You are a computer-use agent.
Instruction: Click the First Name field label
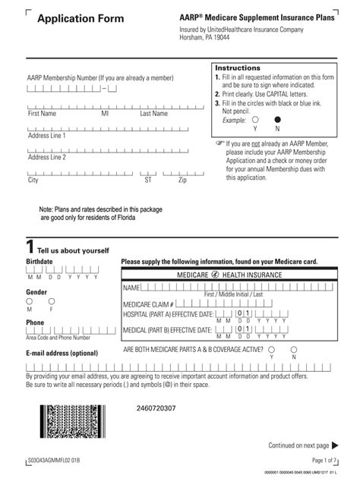pyautogui.click(x=42, y=114)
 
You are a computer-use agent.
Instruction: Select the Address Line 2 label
pyautogui.click(x=47, y=158)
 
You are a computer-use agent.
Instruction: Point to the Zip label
pyautogui.click(x=182, y=181)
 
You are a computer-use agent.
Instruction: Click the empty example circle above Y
pyautogui.click(x=255, y=119)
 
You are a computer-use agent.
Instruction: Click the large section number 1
pyautogui.click(x=30, y=247)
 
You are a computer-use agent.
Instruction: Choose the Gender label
pyautogui.click(x=36, y=291)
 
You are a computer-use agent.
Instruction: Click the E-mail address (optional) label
pyautogui.click(x=62, y=353)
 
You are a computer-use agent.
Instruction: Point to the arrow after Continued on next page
pyautogui.click(x=336, y=445)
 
